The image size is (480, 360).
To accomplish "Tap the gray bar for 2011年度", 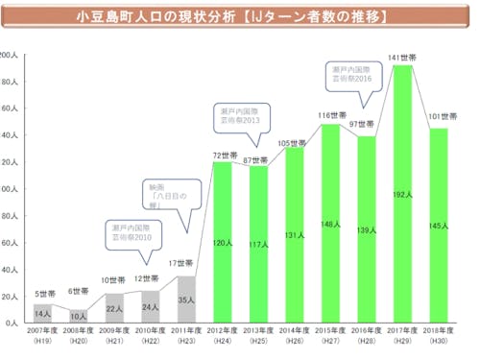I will [187, 300].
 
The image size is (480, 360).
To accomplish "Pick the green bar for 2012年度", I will [223, 242].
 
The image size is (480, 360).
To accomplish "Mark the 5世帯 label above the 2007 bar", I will [43, 295].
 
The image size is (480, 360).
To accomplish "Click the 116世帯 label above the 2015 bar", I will [330, 115].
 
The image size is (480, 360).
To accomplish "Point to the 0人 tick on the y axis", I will [10, 324].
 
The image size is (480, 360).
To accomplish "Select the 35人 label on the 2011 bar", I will [187, 300].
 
